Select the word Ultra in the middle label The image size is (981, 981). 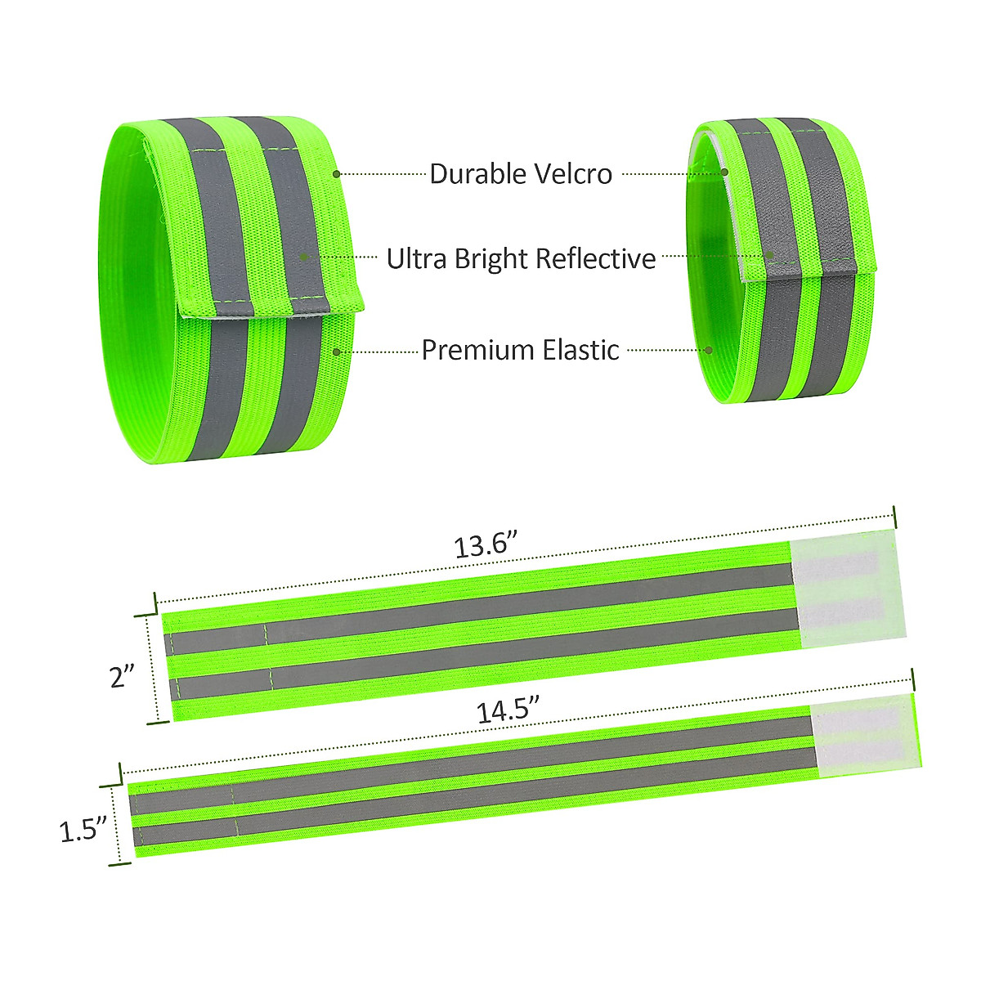coord(416,258)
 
